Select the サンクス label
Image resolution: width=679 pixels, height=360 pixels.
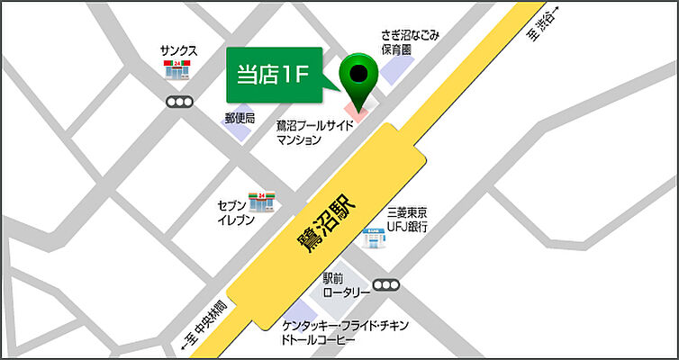pos(178,51)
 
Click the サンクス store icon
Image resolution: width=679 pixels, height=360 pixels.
pos(177,71)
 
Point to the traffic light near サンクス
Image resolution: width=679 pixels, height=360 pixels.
pos(180,102)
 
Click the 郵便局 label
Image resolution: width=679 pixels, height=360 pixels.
pos(240,118)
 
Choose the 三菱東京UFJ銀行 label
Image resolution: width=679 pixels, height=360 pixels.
pos(407,219)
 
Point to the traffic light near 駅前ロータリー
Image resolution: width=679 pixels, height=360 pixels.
pos(385,286)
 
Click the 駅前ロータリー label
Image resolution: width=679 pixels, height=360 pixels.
pos(346,285)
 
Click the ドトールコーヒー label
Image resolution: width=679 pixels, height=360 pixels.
pos(319,342)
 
